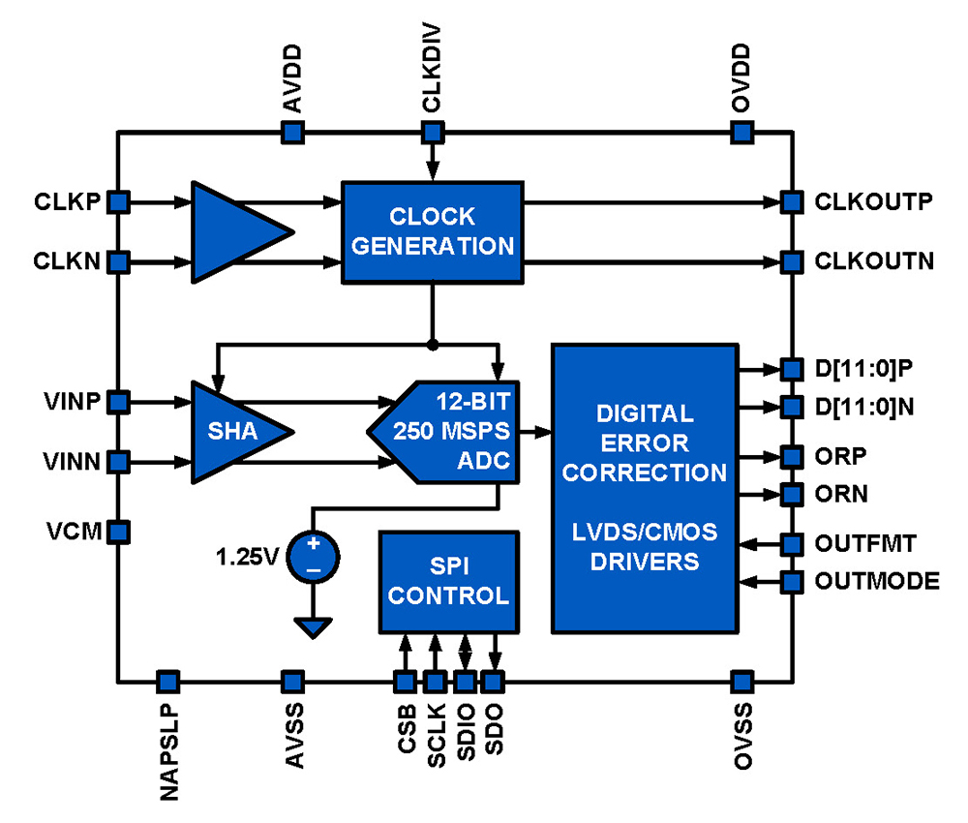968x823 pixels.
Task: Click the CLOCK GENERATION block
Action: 432,231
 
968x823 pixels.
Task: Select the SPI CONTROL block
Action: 447,581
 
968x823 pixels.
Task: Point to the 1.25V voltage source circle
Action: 313,557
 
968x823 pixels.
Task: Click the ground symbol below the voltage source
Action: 313,628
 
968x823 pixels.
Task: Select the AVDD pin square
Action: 290,132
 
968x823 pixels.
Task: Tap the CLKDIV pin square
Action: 433,132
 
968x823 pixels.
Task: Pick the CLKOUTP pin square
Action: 792,202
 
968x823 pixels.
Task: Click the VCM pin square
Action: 117,531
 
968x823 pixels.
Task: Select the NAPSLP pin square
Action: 167,681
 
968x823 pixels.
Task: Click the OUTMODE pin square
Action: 792,582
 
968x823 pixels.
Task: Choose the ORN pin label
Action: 840,495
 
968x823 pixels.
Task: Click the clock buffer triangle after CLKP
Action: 237,231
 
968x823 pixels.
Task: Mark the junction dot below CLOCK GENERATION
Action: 433,344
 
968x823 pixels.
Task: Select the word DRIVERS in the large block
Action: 644,561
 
